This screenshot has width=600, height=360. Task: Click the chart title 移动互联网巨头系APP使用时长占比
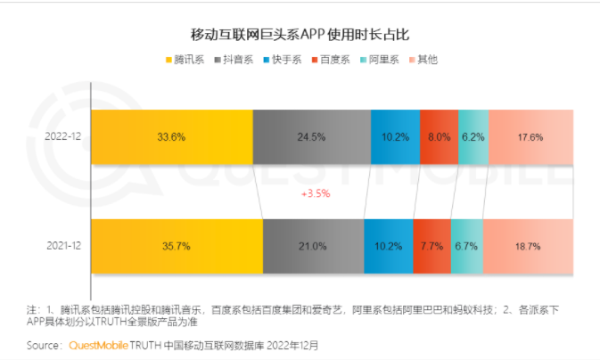click(300, 35)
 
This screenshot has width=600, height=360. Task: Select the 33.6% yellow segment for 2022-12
click(171, 137)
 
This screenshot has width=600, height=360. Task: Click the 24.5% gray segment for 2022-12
click(311, 137)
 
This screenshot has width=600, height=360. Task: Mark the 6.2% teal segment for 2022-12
click(473, 137)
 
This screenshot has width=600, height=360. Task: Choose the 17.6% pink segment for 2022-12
click(530, 137)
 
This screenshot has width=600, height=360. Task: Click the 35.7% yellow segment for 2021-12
click(177, 245)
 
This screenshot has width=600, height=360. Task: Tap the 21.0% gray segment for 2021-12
click(313, 245)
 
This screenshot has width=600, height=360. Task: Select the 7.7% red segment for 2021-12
click(432, 245)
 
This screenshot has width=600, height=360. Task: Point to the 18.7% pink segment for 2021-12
click(527, 245)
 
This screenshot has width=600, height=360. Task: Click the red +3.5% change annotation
click(316, 192)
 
